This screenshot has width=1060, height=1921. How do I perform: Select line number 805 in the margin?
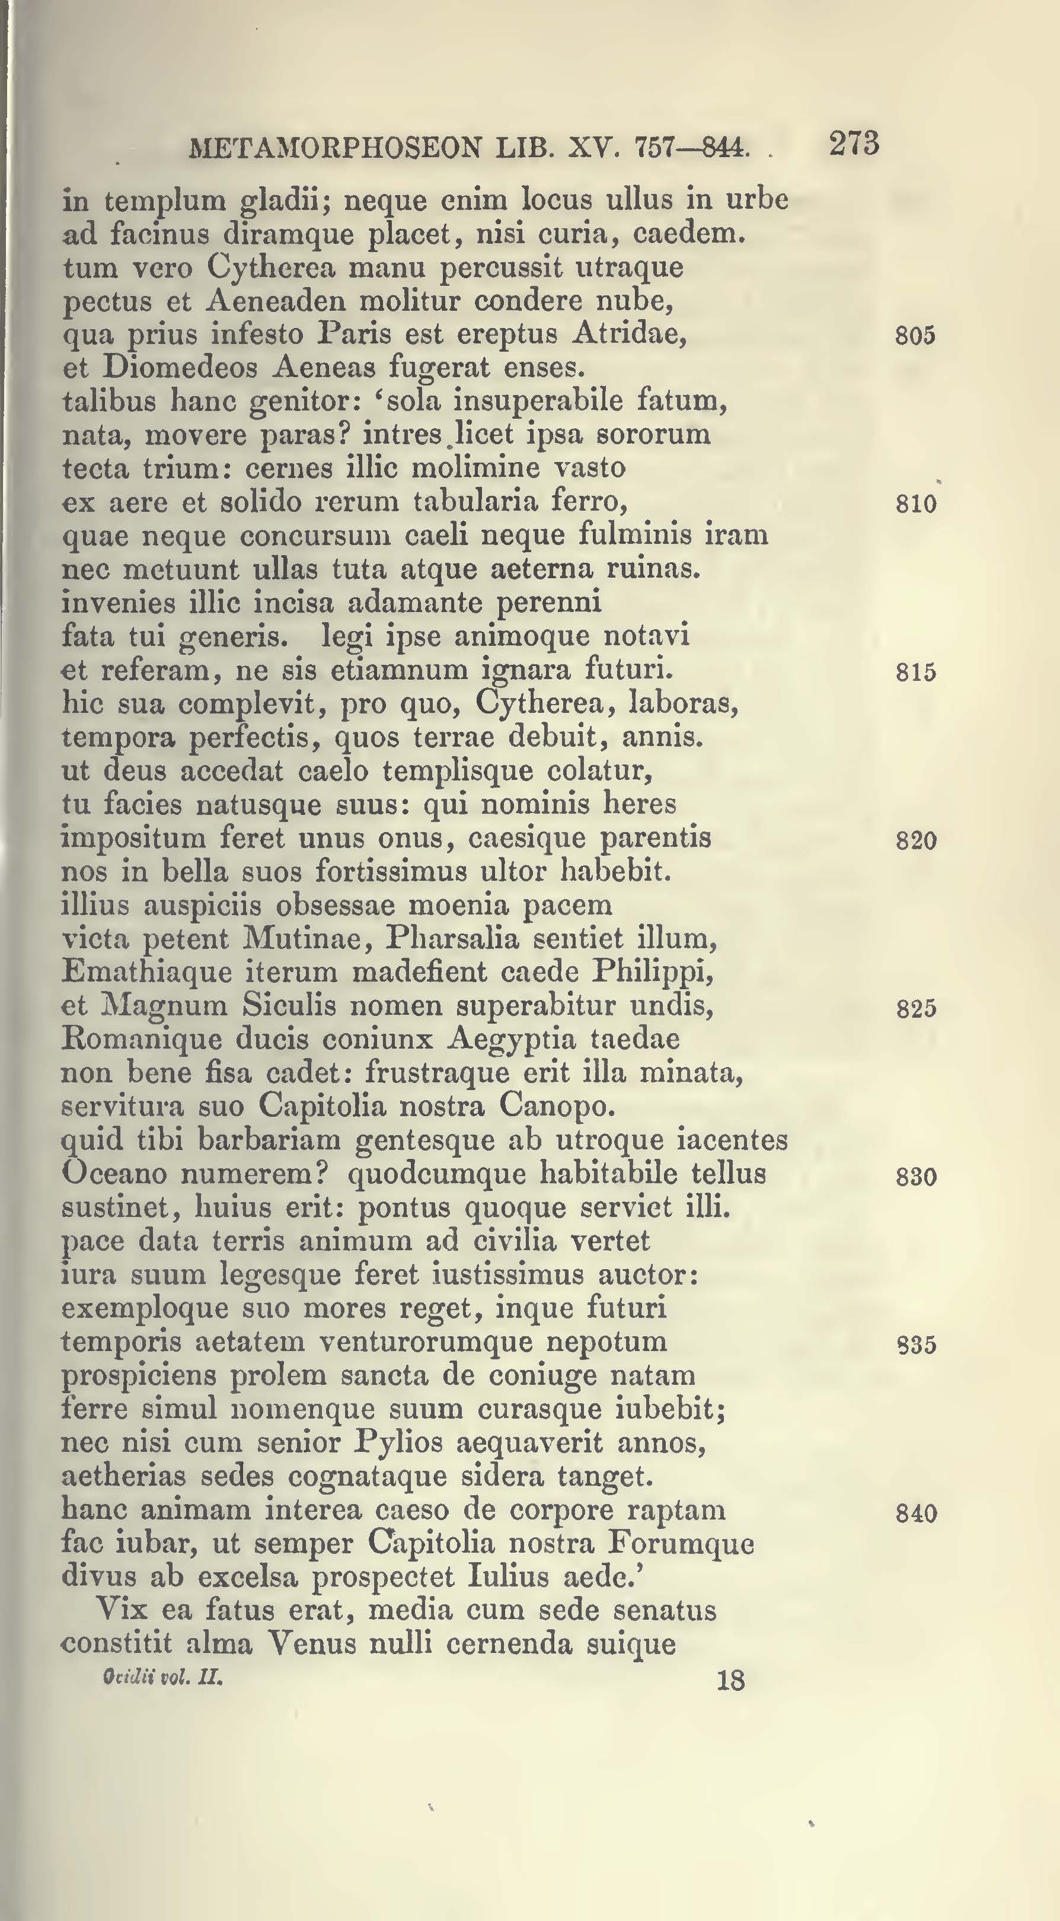pos(915,336)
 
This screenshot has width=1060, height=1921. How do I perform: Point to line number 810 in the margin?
pos(915,504)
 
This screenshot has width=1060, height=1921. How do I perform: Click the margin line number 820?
pos(915,841)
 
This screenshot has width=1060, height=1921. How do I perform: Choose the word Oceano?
pos(114,1174)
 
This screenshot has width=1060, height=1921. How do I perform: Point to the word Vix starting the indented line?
pos(121,1610)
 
